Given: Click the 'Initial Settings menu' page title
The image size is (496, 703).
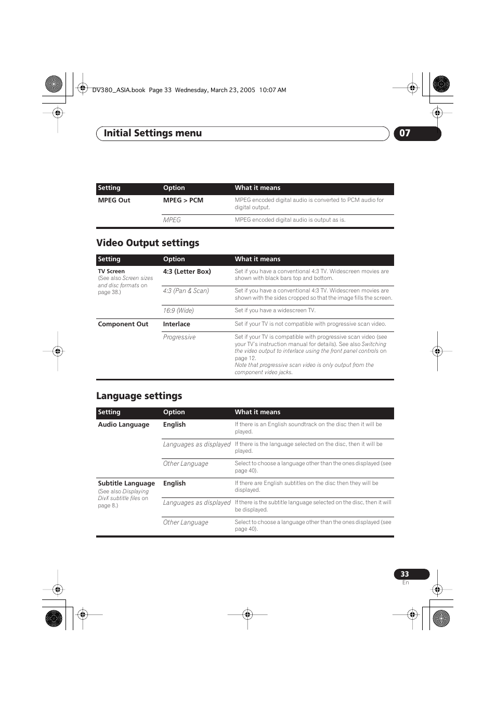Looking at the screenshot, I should point(152,133).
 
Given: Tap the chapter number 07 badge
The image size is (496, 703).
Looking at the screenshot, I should point(405,133).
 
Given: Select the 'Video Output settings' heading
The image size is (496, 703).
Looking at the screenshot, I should point(148,243).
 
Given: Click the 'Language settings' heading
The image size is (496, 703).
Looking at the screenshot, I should point(139,396).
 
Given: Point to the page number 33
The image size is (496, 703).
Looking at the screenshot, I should point(405,574).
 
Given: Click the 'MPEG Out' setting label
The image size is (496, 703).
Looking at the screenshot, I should point(114,200).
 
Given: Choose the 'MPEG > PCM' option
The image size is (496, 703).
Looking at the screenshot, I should point(183,200).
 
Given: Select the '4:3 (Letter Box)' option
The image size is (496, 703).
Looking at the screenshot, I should point(187,272).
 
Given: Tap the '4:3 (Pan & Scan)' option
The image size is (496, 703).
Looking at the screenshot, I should point(186,291).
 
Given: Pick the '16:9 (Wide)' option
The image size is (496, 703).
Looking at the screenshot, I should point(178,311).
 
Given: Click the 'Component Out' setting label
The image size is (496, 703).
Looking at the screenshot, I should point(123,324).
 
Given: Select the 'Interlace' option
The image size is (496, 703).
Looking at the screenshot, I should point(177,324).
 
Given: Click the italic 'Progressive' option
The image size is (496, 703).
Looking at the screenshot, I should point(179,337).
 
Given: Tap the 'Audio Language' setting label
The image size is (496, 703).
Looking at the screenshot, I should point(124,425).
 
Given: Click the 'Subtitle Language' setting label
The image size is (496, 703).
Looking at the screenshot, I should point(126,483).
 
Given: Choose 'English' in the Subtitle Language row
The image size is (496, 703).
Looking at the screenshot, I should point(174,483).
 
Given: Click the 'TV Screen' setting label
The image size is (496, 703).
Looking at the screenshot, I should point(111,272).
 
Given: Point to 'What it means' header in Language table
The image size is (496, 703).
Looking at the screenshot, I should point(257,412).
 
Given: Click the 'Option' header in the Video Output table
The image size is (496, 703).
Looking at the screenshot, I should point(174,259).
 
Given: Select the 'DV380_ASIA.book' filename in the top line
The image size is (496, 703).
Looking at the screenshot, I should point(119,90).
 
